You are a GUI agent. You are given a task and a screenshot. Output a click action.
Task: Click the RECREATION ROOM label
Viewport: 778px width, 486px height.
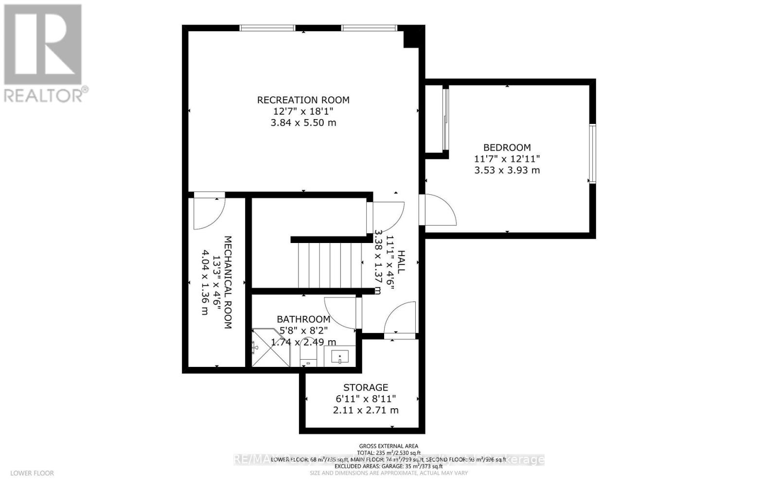tap(303, 100)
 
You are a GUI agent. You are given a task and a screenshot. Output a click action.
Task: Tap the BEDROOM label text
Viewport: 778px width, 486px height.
tap(507, 147)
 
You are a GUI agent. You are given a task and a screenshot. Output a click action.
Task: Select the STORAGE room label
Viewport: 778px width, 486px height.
tap(366, 387)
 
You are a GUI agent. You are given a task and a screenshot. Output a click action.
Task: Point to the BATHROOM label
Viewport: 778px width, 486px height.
tap(303, 319)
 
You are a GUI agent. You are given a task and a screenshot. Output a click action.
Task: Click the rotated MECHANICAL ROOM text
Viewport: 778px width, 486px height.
tap(227, 282)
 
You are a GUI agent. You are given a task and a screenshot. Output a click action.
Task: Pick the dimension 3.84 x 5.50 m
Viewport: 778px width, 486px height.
tap(303, 123)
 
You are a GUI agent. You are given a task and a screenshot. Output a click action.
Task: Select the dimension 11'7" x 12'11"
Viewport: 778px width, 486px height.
tap(507, 159)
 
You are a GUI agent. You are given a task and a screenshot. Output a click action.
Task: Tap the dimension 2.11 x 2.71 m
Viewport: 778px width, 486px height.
tap(366, 410)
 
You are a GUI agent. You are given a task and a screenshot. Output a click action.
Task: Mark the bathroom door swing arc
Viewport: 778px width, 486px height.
tap(340, 313)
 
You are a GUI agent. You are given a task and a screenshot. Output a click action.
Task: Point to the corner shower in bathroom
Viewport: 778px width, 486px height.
tap(269, 348)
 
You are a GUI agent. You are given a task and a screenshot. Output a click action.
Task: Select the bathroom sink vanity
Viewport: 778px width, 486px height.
tap(339, 357)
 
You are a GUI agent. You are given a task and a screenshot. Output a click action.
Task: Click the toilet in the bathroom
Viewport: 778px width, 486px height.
tap(308, 355)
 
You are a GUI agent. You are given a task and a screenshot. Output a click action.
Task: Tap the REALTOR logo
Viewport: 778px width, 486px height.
tap(43, 53)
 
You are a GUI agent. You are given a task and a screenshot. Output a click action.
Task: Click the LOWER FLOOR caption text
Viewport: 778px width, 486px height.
tap(32, 473)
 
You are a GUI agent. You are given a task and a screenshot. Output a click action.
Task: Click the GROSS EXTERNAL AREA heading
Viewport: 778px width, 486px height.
tap(389, 446)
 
